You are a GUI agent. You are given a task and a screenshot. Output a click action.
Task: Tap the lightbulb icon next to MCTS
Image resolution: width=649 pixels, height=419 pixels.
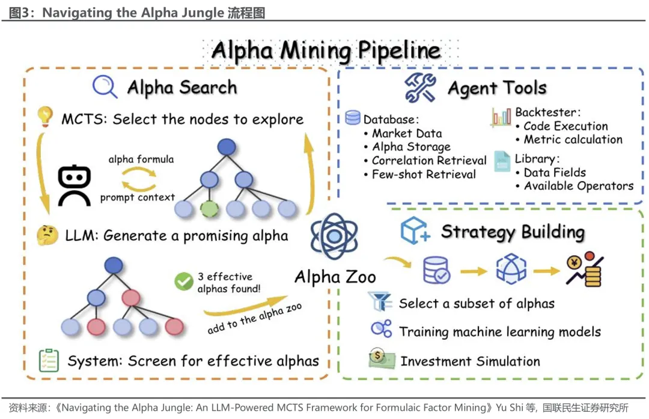tap(45, 116)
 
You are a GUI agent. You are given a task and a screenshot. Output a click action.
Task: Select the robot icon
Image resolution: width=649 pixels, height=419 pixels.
tap(75, 185)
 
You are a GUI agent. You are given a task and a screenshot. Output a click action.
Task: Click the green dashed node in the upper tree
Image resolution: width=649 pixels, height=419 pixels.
tap(210, 209)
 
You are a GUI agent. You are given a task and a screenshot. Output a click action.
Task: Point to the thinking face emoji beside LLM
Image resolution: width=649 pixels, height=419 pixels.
tap(47, 235)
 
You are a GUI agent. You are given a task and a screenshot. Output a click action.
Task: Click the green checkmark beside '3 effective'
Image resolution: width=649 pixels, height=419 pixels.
tap(183, 282)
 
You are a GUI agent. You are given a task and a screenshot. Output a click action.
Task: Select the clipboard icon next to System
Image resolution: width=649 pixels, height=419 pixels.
tap(49, 360)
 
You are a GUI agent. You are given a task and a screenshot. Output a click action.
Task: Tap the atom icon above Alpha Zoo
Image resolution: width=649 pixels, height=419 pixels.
tap(334, 236)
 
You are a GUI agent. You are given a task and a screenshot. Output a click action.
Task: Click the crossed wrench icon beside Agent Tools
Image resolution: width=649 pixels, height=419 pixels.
tap(420, 88)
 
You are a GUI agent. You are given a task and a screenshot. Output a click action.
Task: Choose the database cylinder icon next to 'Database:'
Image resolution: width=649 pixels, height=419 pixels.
tap(353, 118)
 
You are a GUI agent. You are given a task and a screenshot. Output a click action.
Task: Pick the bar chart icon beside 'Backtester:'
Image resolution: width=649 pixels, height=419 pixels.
tap(501, 117)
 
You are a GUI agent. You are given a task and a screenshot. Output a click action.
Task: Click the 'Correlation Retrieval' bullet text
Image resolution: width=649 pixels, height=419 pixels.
tap(429, 160)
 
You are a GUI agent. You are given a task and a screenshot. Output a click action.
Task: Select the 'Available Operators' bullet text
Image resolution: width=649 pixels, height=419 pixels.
tap(579, 186)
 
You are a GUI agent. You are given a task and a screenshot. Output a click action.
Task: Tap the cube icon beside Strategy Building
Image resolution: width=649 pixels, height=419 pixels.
tap(415, 231)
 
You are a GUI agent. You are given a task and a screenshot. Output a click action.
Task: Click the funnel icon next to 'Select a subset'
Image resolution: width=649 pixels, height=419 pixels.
tap(380, 301)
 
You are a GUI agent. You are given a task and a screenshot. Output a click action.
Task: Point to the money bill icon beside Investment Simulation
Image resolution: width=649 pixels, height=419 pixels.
tap(381, 358)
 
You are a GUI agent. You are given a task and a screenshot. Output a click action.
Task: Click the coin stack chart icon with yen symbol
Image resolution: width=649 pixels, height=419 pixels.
tap(585, 269)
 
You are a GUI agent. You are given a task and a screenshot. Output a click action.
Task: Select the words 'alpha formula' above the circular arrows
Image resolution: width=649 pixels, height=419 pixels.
tap(141, 159)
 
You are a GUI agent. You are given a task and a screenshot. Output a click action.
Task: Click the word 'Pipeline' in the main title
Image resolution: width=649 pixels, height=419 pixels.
tap(399, 51)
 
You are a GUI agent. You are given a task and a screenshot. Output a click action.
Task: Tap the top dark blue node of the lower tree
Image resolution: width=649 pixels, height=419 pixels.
tap(114, 265)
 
